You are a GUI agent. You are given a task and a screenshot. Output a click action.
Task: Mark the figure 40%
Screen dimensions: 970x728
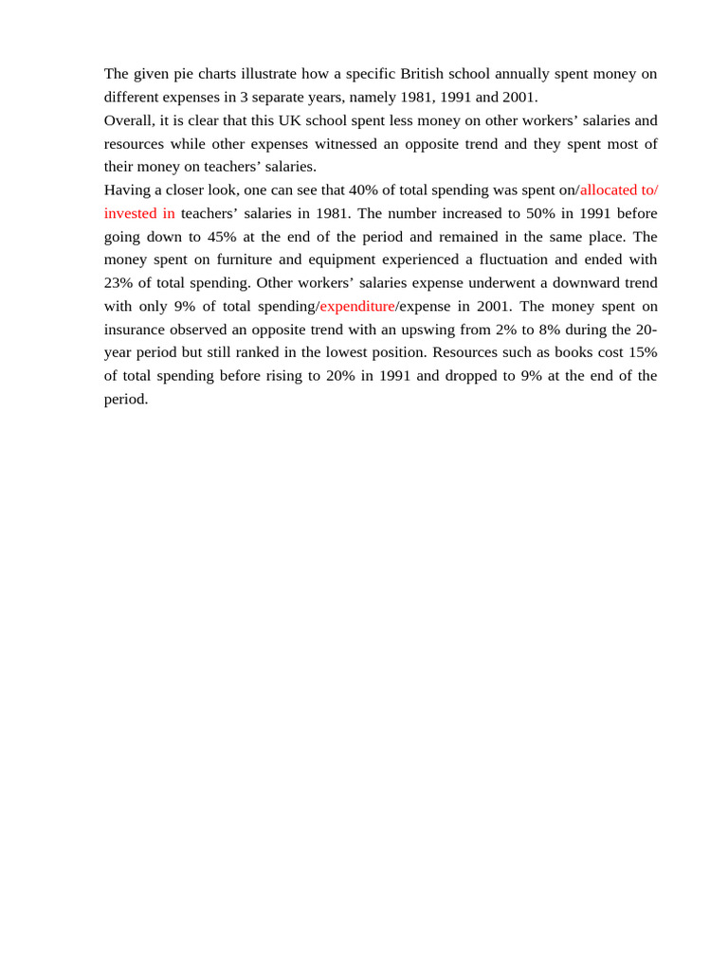coord(363,189)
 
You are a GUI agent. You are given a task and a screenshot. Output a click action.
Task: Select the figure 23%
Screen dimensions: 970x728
coord(120,283)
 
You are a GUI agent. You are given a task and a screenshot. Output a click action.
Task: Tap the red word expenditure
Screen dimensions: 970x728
coord(357,306)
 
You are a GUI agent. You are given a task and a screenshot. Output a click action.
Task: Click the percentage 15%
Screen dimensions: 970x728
coord(641,352)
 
